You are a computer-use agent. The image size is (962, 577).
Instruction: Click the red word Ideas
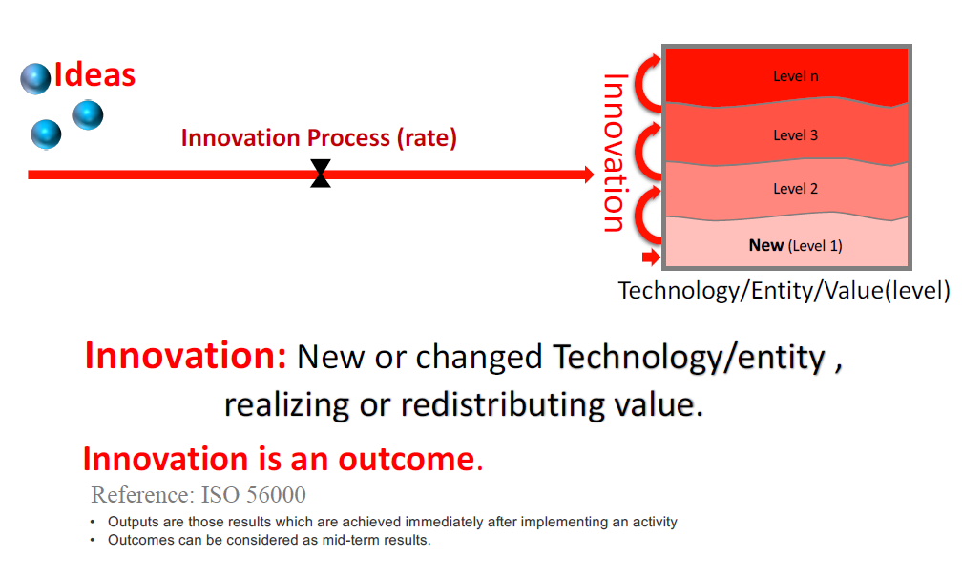click(x=94, y=74)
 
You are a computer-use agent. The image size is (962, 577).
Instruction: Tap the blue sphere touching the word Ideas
click(x=35, y=78)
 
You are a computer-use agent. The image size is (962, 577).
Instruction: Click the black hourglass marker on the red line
click(x=321, y=174)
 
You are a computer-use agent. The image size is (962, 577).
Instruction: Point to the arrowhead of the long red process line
click(x=589, y=175)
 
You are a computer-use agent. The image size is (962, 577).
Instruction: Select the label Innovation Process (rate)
click(x=319, y=138)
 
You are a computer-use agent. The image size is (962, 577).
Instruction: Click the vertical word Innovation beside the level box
click(x=615, y=153)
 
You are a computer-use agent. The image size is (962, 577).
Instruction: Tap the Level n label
click(x=796, y=76)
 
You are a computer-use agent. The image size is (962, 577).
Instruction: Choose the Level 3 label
click(x=796, y=135)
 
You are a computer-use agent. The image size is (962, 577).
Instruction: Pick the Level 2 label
click(x=796, y=189)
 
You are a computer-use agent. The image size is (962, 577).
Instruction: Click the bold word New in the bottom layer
click(x=766, y=245)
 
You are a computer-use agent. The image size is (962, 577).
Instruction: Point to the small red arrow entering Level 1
click(x=651, y=257)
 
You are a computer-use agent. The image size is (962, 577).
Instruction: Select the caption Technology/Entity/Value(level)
click(x=784, y=291)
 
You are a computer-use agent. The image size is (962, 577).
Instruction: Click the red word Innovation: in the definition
click(x=185, y=356)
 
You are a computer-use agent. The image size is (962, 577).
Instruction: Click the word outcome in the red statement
click(x=407, y=460)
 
